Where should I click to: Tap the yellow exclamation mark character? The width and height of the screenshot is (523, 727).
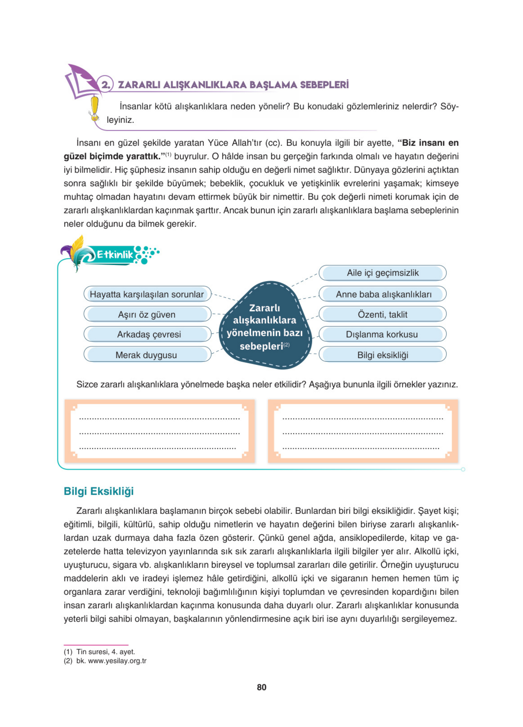pos(94,108)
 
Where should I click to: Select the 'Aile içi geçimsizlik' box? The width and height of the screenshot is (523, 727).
pos(382,273)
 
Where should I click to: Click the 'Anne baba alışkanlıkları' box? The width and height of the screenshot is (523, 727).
pos(383,294)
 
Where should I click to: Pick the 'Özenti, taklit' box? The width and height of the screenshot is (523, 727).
pos(382,314)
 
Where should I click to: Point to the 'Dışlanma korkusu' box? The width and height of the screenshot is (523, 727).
pos(382,334)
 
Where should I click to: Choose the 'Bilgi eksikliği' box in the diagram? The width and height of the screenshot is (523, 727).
pos(382,355)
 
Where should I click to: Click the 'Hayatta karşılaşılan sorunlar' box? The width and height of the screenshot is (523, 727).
pos(147,294)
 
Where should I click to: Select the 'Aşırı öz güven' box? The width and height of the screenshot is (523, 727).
pos(147,314)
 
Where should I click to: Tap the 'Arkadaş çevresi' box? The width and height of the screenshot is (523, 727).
pos(149,334)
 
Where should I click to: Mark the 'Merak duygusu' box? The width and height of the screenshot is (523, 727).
pos(146,355)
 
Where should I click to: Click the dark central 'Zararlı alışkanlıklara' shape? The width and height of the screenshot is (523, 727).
pos(265,326)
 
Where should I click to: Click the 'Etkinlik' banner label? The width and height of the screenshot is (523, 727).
pos(115,255)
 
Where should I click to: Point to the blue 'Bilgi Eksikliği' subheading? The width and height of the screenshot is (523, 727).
pos(99,491)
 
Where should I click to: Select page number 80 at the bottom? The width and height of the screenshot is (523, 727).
pos(261,687)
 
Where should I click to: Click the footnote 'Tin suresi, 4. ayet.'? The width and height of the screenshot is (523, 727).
pos(105,652)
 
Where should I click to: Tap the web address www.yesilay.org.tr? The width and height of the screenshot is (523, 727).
pos(117,661)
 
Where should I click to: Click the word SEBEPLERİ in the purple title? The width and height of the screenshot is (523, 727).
pos(324,85)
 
